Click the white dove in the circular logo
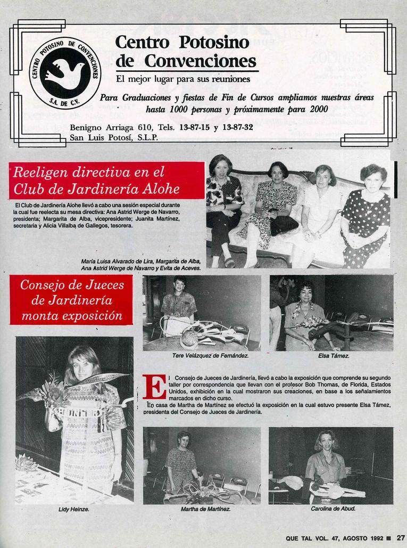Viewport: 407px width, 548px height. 64,72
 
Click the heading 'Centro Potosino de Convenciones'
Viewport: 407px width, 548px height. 186,52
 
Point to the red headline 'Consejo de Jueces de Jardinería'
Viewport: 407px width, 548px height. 72,300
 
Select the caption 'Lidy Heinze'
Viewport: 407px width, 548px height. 73,510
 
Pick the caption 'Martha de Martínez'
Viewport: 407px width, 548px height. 205,509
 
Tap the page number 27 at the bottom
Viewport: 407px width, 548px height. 401,538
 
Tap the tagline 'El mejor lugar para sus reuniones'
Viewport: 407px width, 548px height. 182,79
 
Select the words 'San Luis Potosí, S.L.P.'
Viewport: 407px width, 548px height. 114,137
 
